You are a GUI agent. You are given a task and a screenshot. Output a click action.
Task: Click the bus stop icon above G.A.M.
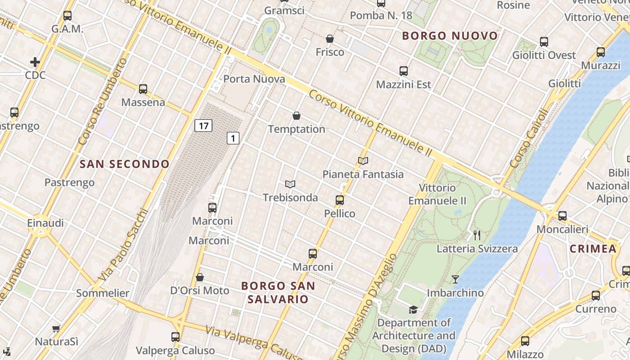tap(67, 16)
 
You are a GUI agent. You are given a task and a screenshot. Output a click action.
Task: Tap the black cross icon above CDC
tap(35, 62)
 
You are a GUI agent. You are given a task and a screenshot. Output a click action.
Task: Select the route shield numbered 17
tap(203, 126)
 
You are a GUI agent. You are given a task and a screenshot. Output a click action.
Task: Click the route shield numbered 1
tap(233, 138)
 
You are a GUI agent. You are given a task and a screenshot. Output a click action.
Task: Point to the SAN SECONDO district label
tap(124, 164)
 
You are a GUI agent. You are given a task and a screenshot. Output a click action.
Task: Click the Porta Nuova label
tap(254, 79)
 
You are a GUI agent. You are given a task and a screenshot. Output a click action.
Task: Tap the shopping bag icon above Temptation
tap(297, 116)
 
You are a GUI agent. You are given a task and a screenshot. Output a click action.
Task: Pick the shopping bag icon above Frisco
tap(330, 39)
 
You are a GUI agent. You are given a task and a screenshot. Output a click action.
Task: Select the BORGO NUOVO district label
tap(450, 36)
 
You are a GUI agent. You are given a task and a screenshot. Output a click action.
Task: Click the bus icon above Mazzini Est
tap(404, 71)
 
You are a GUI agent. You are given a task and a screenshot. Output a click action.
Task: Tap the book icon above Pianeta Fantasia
tap(363, 161)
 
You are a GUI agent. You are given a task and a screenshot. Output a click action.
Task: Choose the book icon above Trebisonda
tap(290, 184)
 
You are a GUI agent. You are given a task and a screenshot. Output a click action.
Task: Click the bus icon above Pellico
tap(340, 200)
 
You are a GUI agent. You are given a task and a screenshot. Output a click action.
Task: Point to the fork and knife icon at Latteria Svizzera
tap(477, 235)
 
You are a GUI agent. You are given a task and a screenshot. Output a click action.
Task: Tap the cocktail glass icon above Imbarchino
tap(455, 279)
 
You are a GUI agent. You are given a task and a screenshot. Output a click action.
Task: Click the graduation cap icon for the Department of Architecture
tap(413, 310)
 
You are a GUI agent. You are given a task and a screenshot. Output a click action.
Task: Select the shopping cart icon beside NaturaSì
tap(56, 328)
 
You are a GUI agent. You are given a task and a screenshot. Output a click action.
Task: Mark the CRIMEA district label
tap(593, 249)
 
